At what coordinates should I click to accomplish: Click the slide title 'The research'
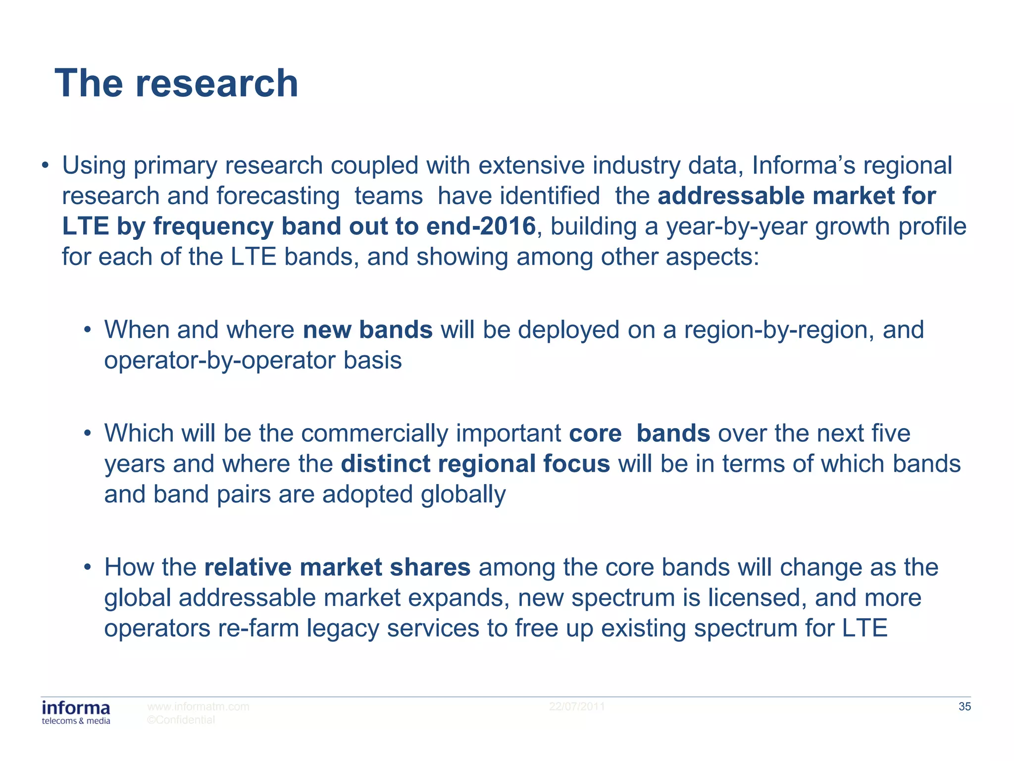pyautogui.click(x=176, y=83)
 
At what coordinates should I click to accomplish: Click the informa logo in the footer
pyautogui.click(x=76, y=712)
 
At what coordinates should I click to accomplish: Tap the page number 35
pyautogui.click(x=964, y=707)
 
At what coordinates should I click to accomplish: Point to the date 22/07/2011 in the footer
pyautogui.click(x=577, y=707)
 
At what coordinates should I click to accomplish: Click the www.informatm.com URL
pyautogui.click(x=198, y=707)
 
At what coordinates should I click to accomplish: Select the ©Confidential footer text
pyautogui.click(x=181, y=720)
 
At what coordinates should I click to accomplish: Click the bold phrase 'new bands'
pyautogui.click(x=367, y=330)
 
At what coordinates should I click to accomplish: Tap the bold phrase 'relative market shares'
pyautogui.click(x=337, y=567)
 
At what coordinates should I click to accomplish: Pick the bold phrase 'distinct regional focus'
pyautogui.click(x=475, y=464)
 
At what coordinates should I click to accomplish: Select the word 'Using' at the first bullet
pyautogui.click(x=94, y=166)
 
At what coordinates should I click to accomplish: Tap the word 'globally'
pyautogui.click(x=463, y=494)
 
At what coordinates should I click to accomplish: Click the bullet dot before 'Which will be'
pyautogui.click(x=88, y=434)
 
